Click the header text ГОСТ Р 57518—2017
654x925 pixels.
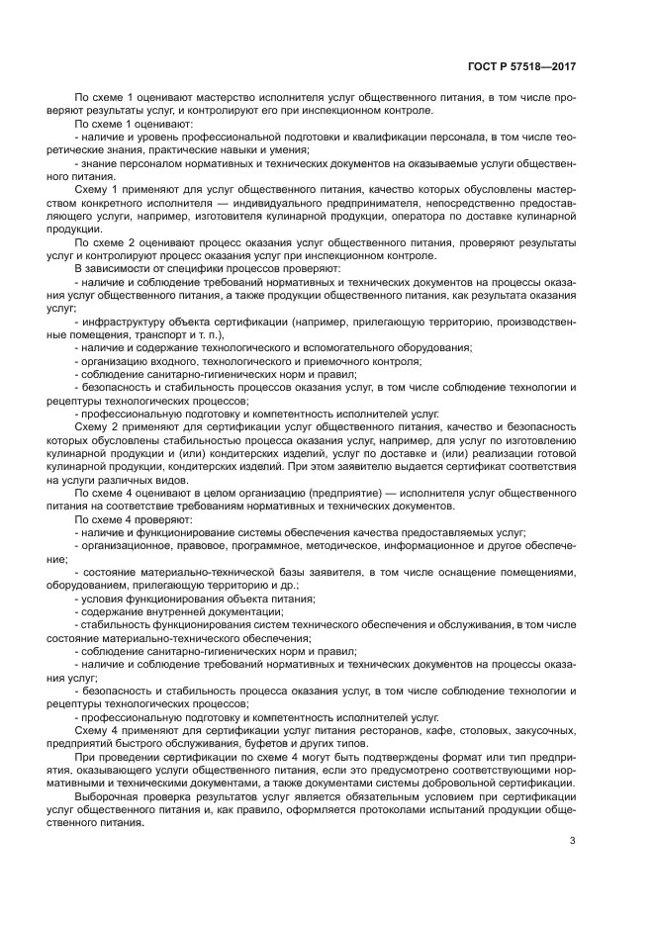[x=522, y=66]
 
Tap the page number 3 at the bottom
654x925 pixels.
[x=573, y=841]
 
